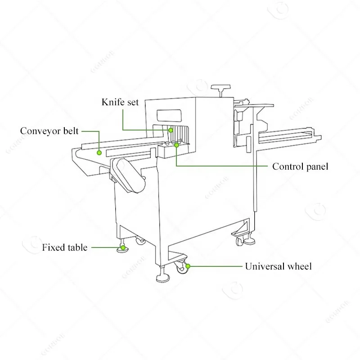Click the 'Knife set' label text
120,102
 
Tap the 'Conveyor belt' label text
49,131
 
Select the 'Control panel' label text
300,166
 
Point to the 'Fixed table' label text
65,247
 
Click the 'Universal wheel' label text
278,266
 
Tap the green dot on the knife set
171,130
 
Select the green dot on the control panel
176,145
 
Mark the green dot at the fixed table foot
123,247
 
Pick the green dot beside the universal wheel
188,266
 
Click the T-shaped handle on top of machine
221,88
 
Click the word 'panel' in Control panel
317,166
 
